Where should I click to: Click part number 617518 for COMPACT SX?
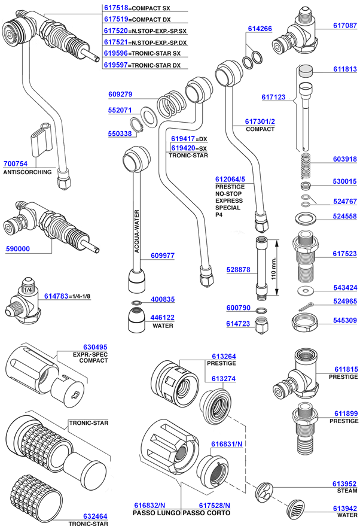click(x=115, y=9)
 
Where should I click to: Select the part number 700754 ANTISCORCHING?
click(x=16, y=163)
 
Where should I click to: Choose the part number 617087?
click(x=344, y=26)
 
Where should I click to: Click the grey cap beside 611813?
click(x=306, y=69)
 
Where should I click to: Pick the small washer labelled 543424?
click(x=305, y=290)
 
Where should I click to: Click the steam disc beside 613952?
click(x=263, y=492)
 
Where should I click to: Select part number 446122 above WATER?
click(x=162, y=318)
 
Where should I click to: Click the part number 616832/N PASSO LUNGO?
click(x=148, y=506)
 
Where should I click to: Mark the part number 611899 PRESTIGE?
click(x=346, y=414)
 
